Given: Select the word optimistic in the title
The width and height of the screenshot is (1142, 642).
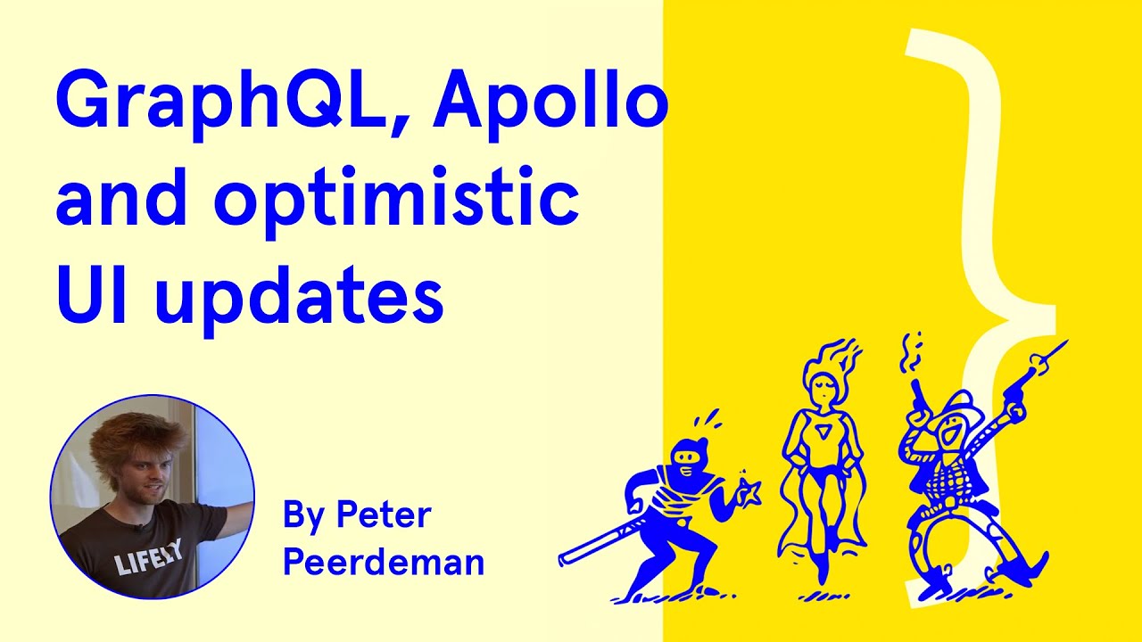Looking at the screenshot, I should pos(396,202).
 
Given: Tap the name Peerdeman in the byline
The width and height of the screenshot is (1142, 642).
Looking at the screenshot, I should pos(384,563).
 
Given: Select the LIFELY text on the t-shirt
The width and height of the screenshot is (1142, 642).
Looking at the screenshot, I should pos(148,559).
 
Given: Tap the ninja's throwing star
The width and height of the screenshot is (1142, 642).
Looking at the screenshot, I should pos(747,491).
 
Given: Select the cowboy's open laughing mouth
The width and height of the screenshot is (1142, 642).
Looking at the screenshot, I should pos(952,437).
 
